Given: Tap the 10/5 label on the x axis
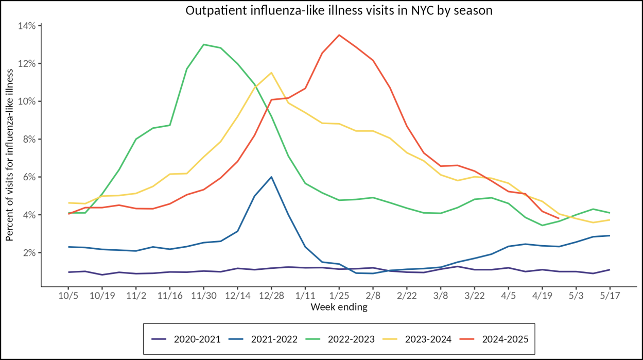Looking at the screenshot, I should pyautogui.click(x=68, y=297).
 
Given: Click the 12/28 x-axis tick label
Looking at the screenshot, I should pyautogui.click(x=271, y=297).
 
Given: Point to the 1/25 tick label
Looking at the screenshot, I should pyautogui.click(x=339, y=297).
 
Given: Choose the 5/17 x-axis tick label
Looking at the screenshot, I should pyautogui.click(x=610, y=297).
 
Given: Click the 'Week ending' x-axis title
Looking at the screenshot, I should pyautogui.click(x=339, y=307).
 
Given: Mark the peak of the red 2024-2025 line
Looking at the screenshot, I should pyautogui.click(x=339, y=35).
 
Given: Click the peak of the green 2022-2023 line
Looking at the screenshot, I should pyautogui.click(x=204, y=44).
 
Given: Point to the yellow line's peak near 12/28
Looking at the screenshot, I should pyautogui.click(x=271, y=73).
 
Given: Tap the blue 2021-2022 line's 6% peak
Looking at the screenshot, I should pyautogui.click(x=271, y=177).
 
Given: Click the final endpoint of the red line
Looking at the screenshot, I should pyautogui.click(x=559, y=218).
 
